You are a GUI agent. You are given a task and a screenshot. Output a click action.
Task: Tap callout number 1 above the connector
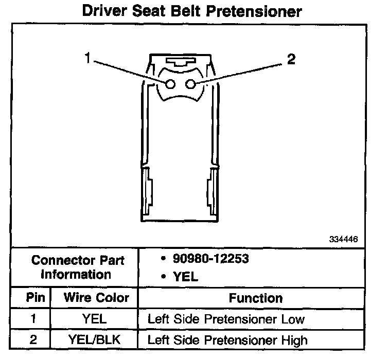click(x=88, y=59)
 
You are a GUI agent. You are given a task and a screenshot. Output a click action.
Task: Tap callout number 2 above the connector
click(x=292, y=60)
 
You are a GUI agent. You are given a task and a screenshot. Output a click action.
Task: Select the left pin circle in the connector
click(x=171, y=84)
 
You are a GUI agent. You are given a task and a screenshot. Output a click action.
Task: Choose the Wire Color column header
click(x=96, y=298)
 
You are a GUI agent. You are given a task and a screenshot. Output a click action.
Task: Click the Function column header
click(x=256, y=298)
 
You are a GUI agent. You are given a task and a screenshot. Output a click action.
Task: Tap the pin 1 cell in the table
click(x=33, y=319)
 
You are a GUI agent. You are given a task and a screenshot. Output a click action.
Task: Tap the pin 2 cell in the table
click(x=33, y=339)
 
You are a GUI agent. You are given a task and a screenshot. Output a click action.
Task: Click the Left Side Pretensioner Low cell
click(x=226, y=319)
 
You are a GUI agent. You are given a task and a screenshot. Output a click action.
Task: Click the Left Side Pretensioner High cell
click(x=227, y=339)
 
